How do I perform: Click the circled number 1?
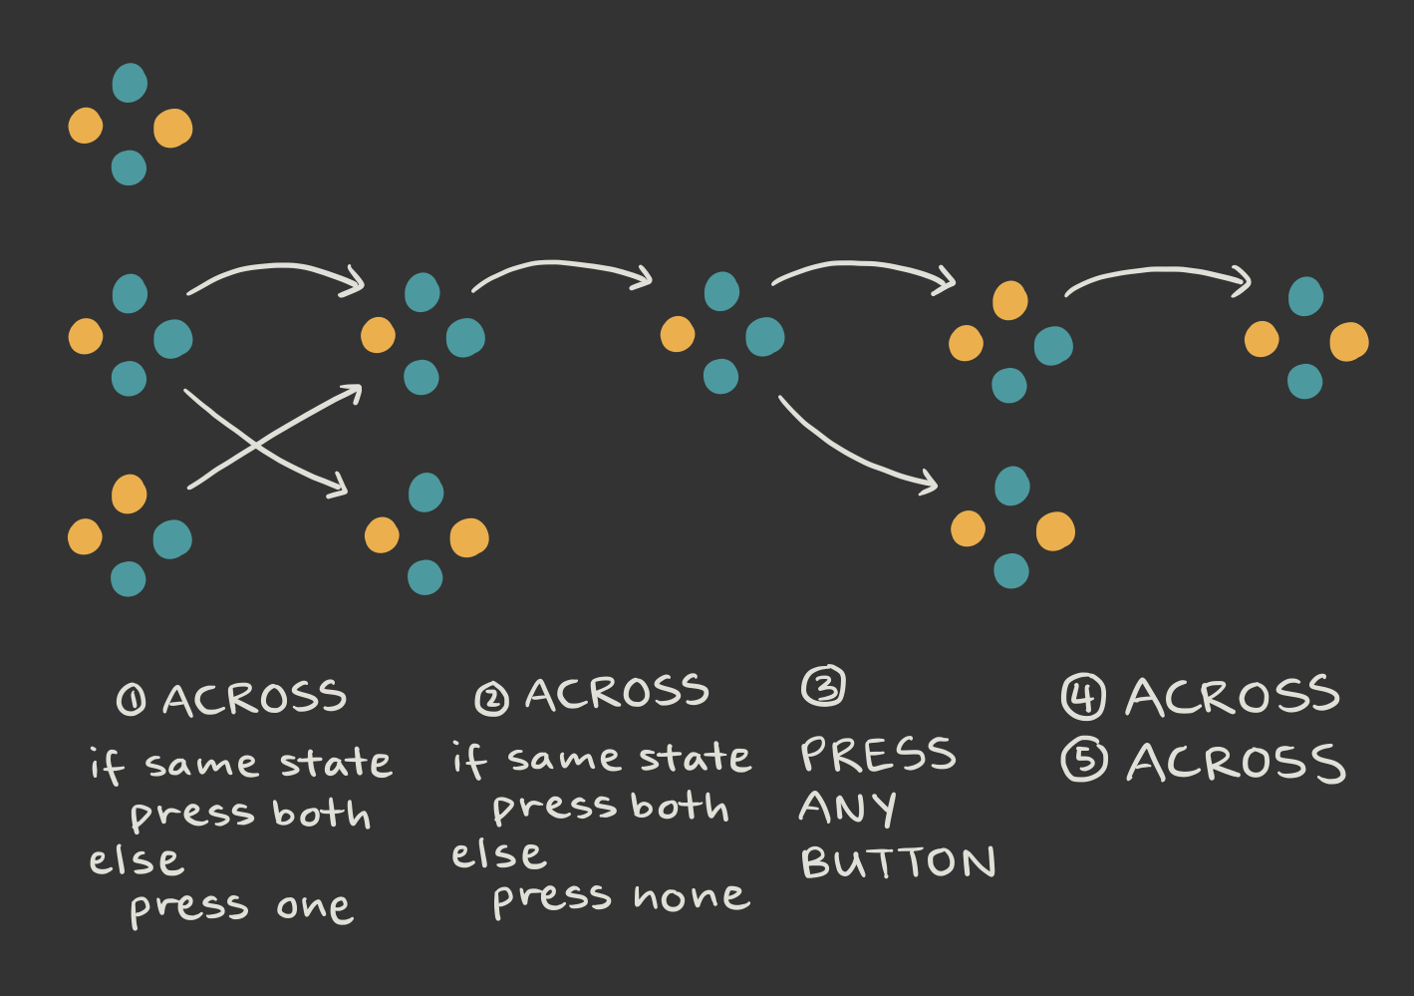pyautogui.click(x=132, y=700)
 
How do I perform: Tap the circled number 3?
pyautogui.click(x=823, y=687)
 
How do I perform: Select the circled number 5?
pyautogui.click(x=1084, y=763)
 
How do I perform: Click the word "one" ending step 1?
pyautogui.click(x=314, y=908)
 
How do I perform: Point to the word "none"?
pyautogui.click(x=692, y=897)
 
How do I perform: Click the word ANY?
pyautogui.click(x=848, y=808)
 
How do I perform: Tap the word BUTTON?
pyautogui.click(x=898, y=863)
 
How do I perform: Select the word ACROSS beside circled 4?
pyautogui.click(x=1233, y=697)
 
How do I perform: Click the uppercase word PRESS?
pyautogui.click(x=878, y=755)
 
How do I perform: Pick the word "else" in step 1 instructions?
pyautogui.click(x=137, y=860)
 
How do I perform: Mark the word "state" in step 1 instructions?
pyautogui.click(x=336, y=764)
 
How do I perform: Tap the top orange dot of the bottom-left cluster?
pyautogui.click(x=130, y=494)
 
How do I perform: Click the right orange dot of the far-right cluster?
pyautogui.click(x=1349, y=341)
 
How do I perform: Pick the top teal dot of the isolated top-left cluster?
pyautogui.click(x=130, y=83)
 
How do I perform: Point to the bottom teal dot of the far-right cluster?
pyautogui.click(x=1304, y=381)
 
